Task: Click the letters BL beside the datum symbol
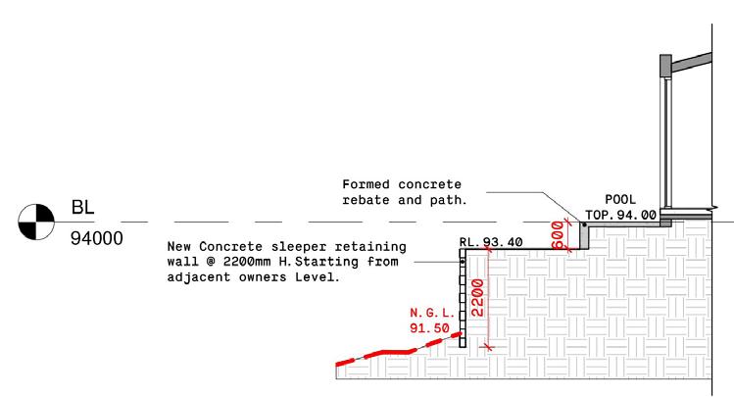coord(81,208)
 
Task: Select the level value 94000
coord(96,238)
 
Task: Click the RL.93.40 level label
coord(490,241)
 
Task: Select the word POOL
coord(620,199)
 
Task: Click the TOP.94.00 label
coord(620,214)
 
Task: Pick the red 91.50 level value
coord(429,328)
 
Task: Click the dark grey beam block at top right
coord(663,66)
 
